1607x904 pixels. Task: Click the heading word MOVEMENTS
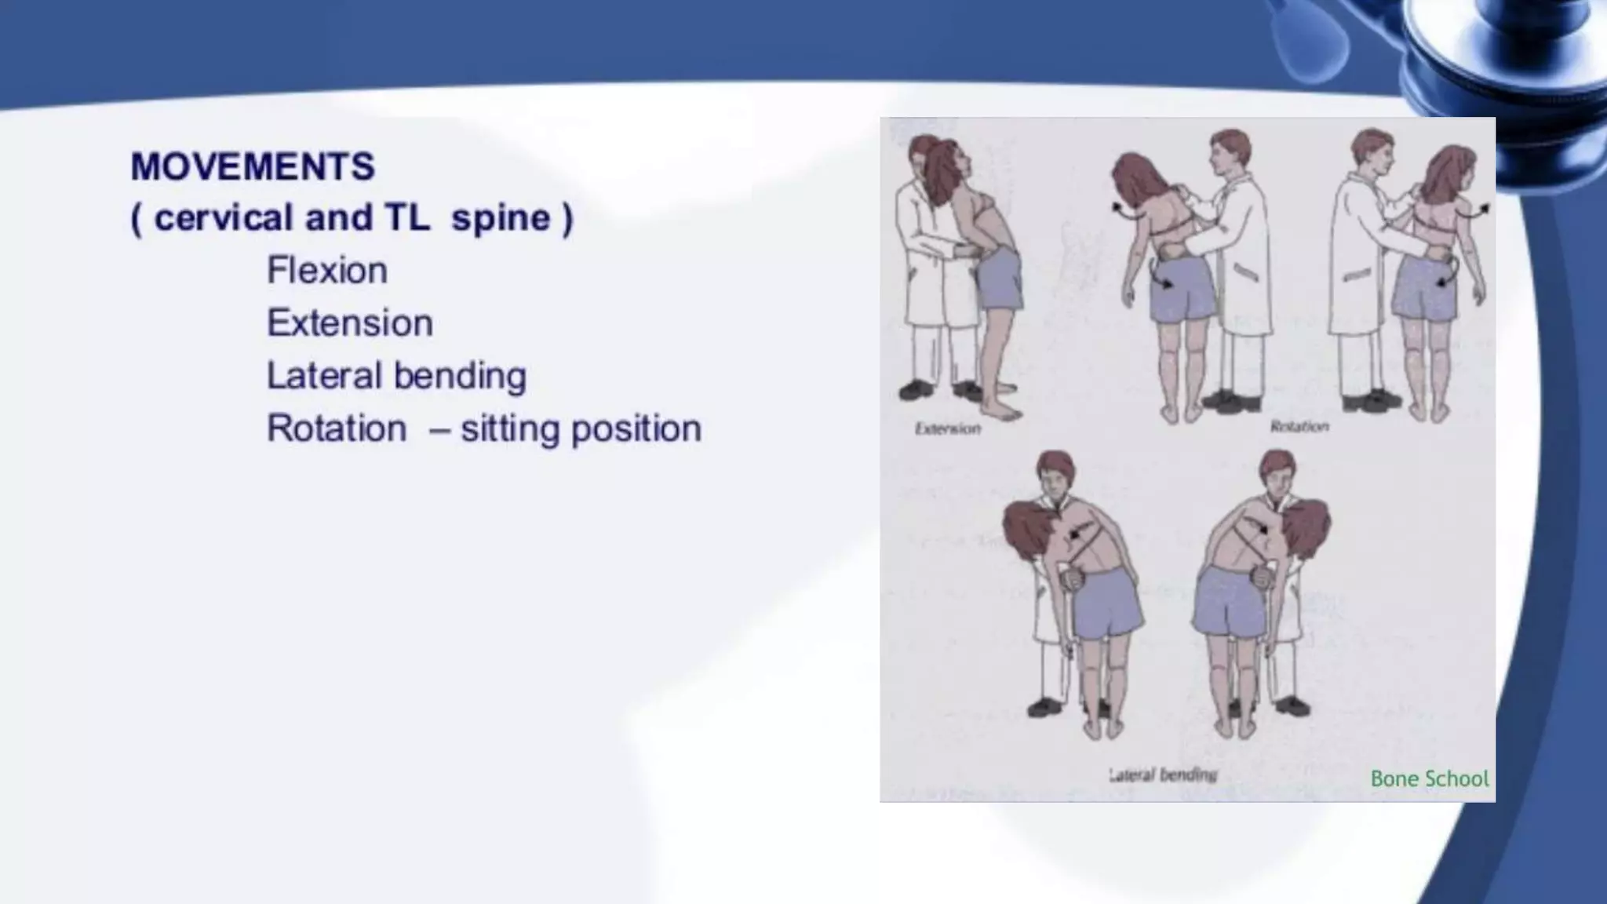(253, 167)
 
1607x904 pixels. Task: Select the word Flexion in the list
(327, 271)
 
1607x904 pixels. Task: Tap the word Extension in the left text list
(350, 323)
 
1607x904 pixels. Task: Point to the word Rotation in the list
(337, 429)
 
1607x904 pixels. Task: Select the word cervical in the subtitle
(223, 218)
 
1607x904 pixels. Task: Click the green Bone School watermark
(1429, 778)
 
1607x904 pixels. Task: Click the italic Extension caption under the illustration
(948, 428)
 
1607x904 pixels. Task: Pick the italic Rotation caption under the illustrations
(1299, 426)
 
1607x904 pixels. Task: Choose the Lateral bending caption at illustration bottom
(1163, 775)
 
